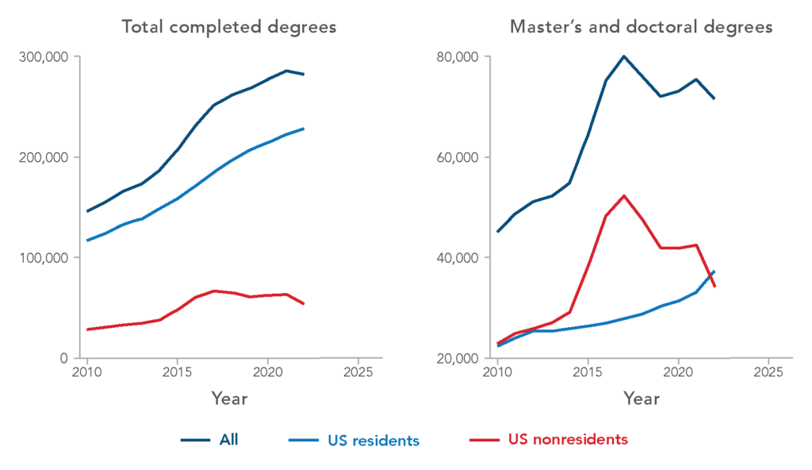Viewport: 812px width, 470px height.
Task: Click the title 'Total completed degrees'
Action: [x=228, y=27]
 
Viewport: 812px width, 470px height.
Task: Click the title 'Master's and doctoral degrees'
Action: [x=641, y=27]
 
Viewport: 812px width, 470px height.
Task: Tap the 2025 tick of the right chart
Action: [x=768, y=372]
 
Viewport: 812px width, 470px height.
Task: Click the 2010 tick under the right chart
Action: [x=497, y=372]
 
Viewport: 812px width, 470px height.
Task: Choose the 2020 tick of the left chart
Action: [x=268, y=372]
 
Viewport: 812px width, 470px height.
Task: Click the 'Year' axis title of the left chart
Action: [x=229, y=399]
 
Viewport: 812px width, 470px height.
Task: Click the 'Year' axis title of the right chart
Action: [x=641, y=399]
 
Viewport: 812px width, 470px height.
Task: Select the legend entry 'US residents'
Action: [x=373, y=440]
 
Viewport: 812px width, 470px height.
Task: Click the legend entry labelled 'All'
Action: [x=228, y=440]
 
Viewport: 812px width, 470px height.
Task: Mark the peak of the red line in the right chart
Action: [x=624, y=195]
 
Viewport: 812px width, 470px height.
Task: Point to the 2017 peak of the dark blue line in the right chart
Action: [x=623, y=56]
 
